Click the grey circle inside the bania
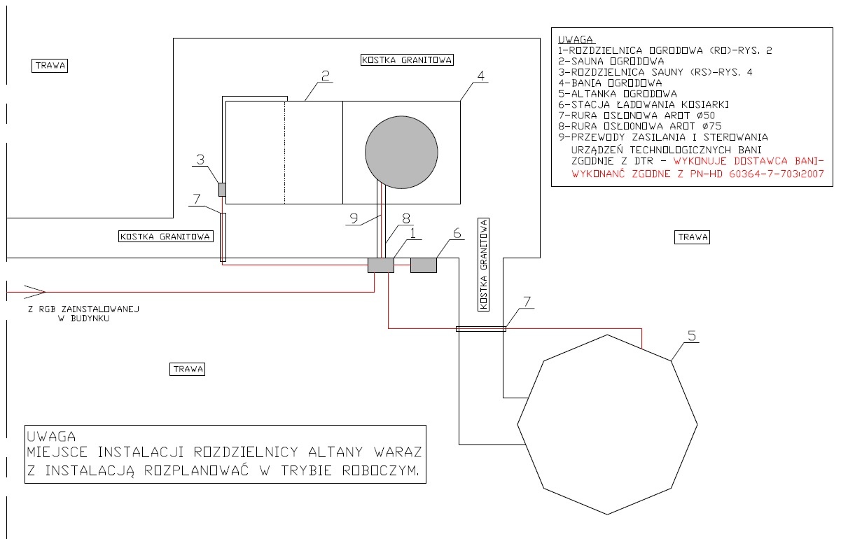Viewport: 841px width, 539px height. (401, 152)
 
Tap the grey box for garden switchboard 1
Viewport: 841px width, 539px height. (381, 265)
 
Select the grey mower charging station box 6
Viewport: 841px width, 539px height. (424, 265)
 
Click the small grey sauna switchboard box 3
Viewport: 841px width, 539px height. (222, 190)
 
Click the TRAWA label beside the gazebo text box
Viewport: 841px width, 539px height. (693, 237)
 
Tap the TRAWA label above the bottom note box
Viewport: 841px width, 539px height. (188, 369)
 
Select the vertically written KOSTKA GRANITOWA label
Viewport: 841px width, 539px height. (484, 265)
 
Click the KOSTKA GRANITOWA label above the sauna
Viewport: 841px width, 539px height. (407, 60)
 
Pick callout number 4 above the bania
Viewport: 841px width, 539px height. (481, 76)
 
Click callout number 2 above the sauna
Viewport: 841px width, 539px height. (326, 76)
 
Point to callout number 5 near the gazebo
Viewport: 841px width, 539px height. (692, 335)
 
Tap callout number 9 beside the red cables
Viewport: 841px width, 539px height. (354, 218)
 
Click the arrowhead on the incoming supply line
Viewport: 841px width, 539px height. (34, 292)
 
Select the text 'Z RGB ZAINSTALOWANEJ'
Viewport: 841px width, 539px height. (84, 309)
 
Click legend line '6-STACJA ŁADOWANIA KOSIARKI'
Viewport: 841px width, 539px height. (644, 104)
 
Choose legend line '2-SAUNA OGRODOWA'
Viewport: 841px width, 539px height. (611, 61)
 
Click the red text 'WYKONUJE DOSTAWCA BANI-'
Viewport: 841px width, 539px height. (749, 161)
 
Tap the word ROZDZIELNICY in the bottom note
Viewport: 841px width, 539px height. (246, 452)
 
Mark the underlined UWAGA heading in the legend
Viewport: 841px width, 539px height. (576, 39)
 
